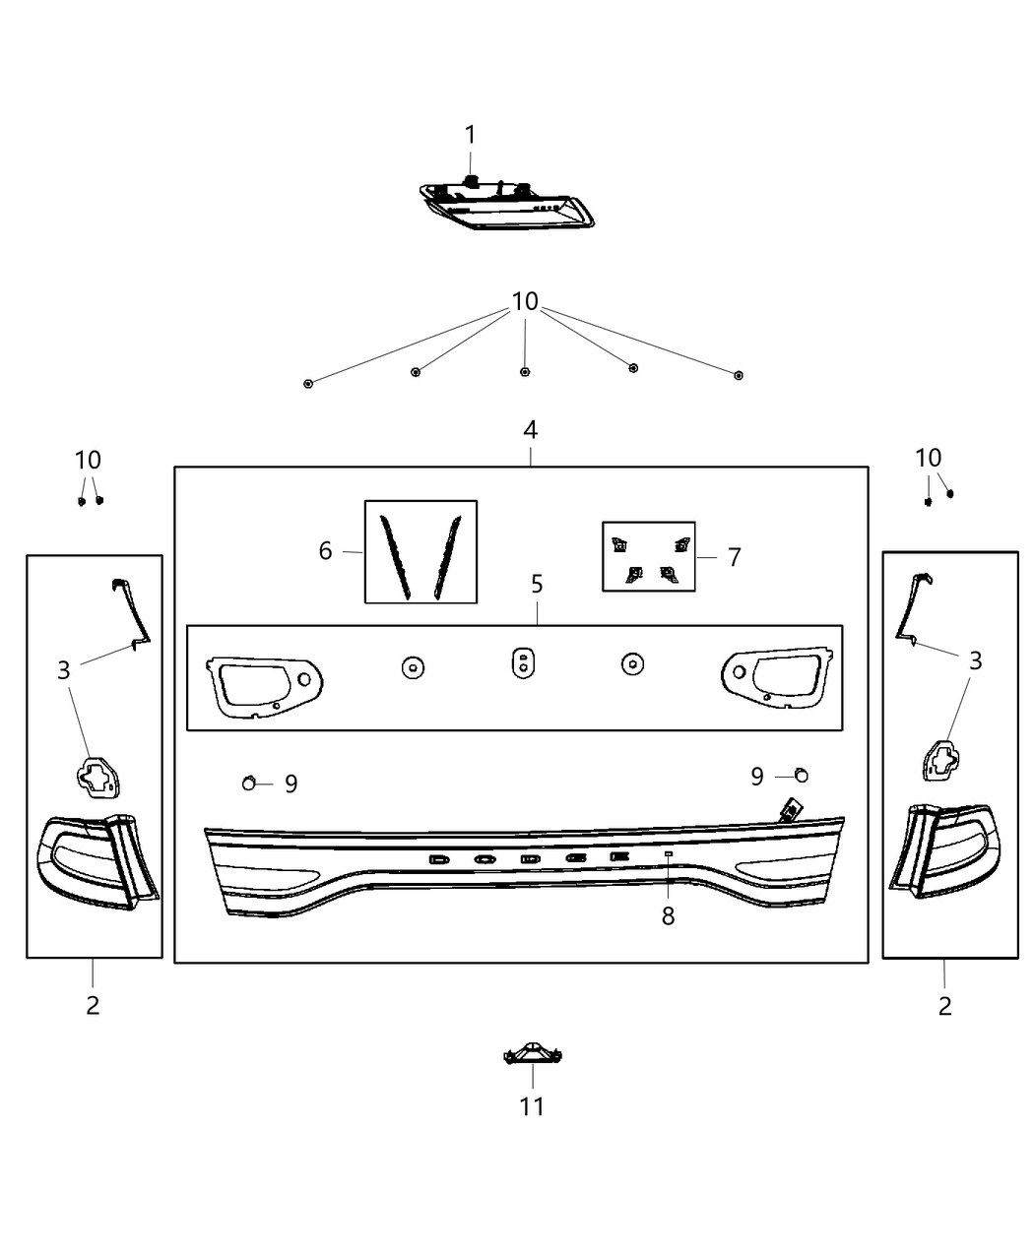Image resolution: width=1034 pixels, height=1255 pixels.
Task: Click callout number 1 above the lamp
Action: coord(470,135)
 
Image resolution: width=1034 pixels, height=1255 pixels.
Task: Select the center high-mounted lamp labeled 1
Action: coord(507,204)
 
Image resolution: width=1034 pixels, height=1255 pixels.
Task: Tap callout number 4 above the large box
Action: coord(530,430)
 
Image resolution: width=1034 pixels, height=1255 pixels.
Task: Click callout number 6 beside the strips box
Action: coord(325,551)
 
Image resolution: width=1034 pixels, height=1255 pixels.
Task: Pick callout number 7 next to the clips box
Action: coord(734,557)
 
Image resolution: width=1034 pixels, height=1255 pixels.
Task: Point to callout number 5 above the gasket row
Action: coord(537,584)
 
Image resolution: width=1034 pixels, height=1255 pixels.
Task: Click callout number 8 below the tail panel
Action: coord(668,916)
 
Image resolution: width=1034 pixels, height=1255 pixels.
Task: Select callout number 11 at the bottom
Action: coord(532,1106)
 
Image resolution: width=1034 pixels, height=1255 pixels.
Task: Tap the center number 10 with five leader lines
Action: coord(525,301)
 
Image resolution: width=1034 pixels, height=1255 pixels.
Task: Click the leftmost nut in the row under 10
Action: coord(308,383)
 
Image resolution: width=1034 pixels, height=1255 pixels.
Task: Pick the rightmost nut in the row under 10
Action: coord(739,375)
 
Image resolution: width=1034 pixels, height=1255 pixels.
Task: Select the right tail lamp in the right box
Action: coord(943,850)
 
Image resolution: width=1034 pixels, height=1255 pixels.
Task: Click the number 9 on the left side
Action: coord(291,784)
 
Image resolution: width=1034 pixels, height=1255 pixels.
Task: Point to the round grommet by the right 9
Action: coord(801,775)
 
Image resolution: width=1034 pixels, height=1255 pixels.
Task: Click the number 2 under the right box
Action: coord(944,1006)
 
